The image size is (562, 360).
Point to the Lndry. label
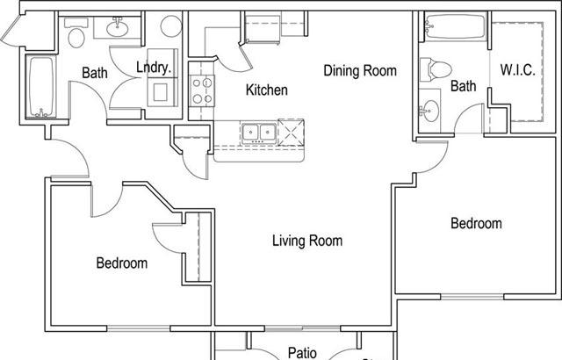click(x=154, y=68)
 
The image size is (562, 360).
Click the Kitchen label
click(x=266, y=90)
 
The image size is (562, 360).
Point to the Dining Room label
click(x=360, y=70)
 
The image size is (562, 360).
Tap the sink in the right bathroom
click(x=429, y=112)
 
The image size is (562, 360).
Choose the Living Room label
click(x=306, y=241)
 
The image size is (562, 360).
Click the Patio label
click(x=303, y=352)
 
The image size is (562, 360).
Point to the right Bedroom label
click(x=476, y=224)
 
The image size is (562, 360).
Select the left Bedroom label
click(x=121, y=263)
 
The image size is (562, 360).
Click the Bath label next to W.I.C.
click(x=464, y=86)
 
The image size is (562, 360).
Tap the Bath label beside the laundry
click(x=95, y=73)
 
